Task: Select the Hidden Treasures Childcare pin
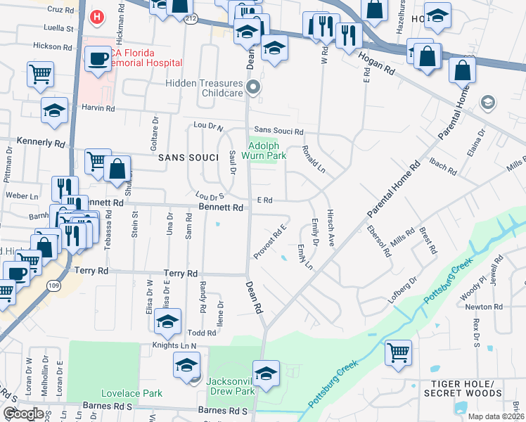pos(254,88)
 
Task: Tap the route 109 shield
pos(53,284)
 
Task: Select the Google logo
pos(23,414)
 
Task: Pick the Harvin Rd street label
pos(98,108)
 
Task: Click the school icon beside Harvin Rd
pos(54,110)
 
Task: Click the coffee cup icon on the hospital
pos(98,58)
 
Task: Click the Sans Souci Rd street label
pos(278,131)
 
